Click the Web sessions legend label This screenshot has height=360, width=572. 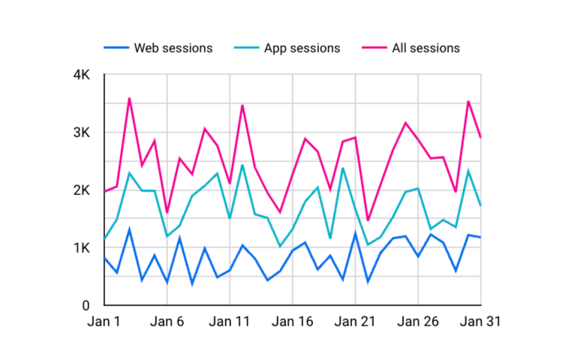(x=173, y=48)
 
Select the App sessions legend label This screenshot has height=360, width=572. (x=302, y=48)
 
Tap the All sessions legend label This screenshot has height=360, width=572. (x=426, y=48)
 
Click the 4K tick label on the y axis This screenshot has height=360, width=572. (x=81, y=76)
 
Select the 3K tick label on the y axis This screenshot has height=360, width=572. (x=81, y=133)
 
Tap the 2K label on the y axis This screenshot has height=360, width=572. (x=81, y=191)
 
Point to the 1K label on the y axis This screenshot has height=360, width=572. (x=81, y=248)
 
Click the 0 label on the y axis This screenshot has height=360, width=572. (x=86, y=306)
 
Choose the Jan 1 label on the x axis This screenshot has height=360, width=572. (x=104, y=321)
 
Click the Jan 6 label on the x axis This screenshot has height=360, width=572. (x=167, y=321)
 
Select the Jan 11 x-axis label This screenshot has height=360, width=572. (x=230, y=321)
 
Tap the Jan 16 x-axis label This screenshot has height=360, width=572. (x=293, y=321)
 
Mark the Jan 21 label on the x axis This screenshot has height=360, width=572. (x=355, y=321)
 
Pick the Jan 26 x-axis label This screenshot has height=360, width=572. (x=418, y=321)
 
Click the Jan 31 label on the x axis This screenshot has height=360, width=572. (x=479, y=321)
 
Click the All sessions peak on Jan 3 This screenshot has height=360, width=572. (x=130, y=98)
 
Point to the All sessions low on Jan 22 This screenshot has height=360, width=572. (x=368, y=220)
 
